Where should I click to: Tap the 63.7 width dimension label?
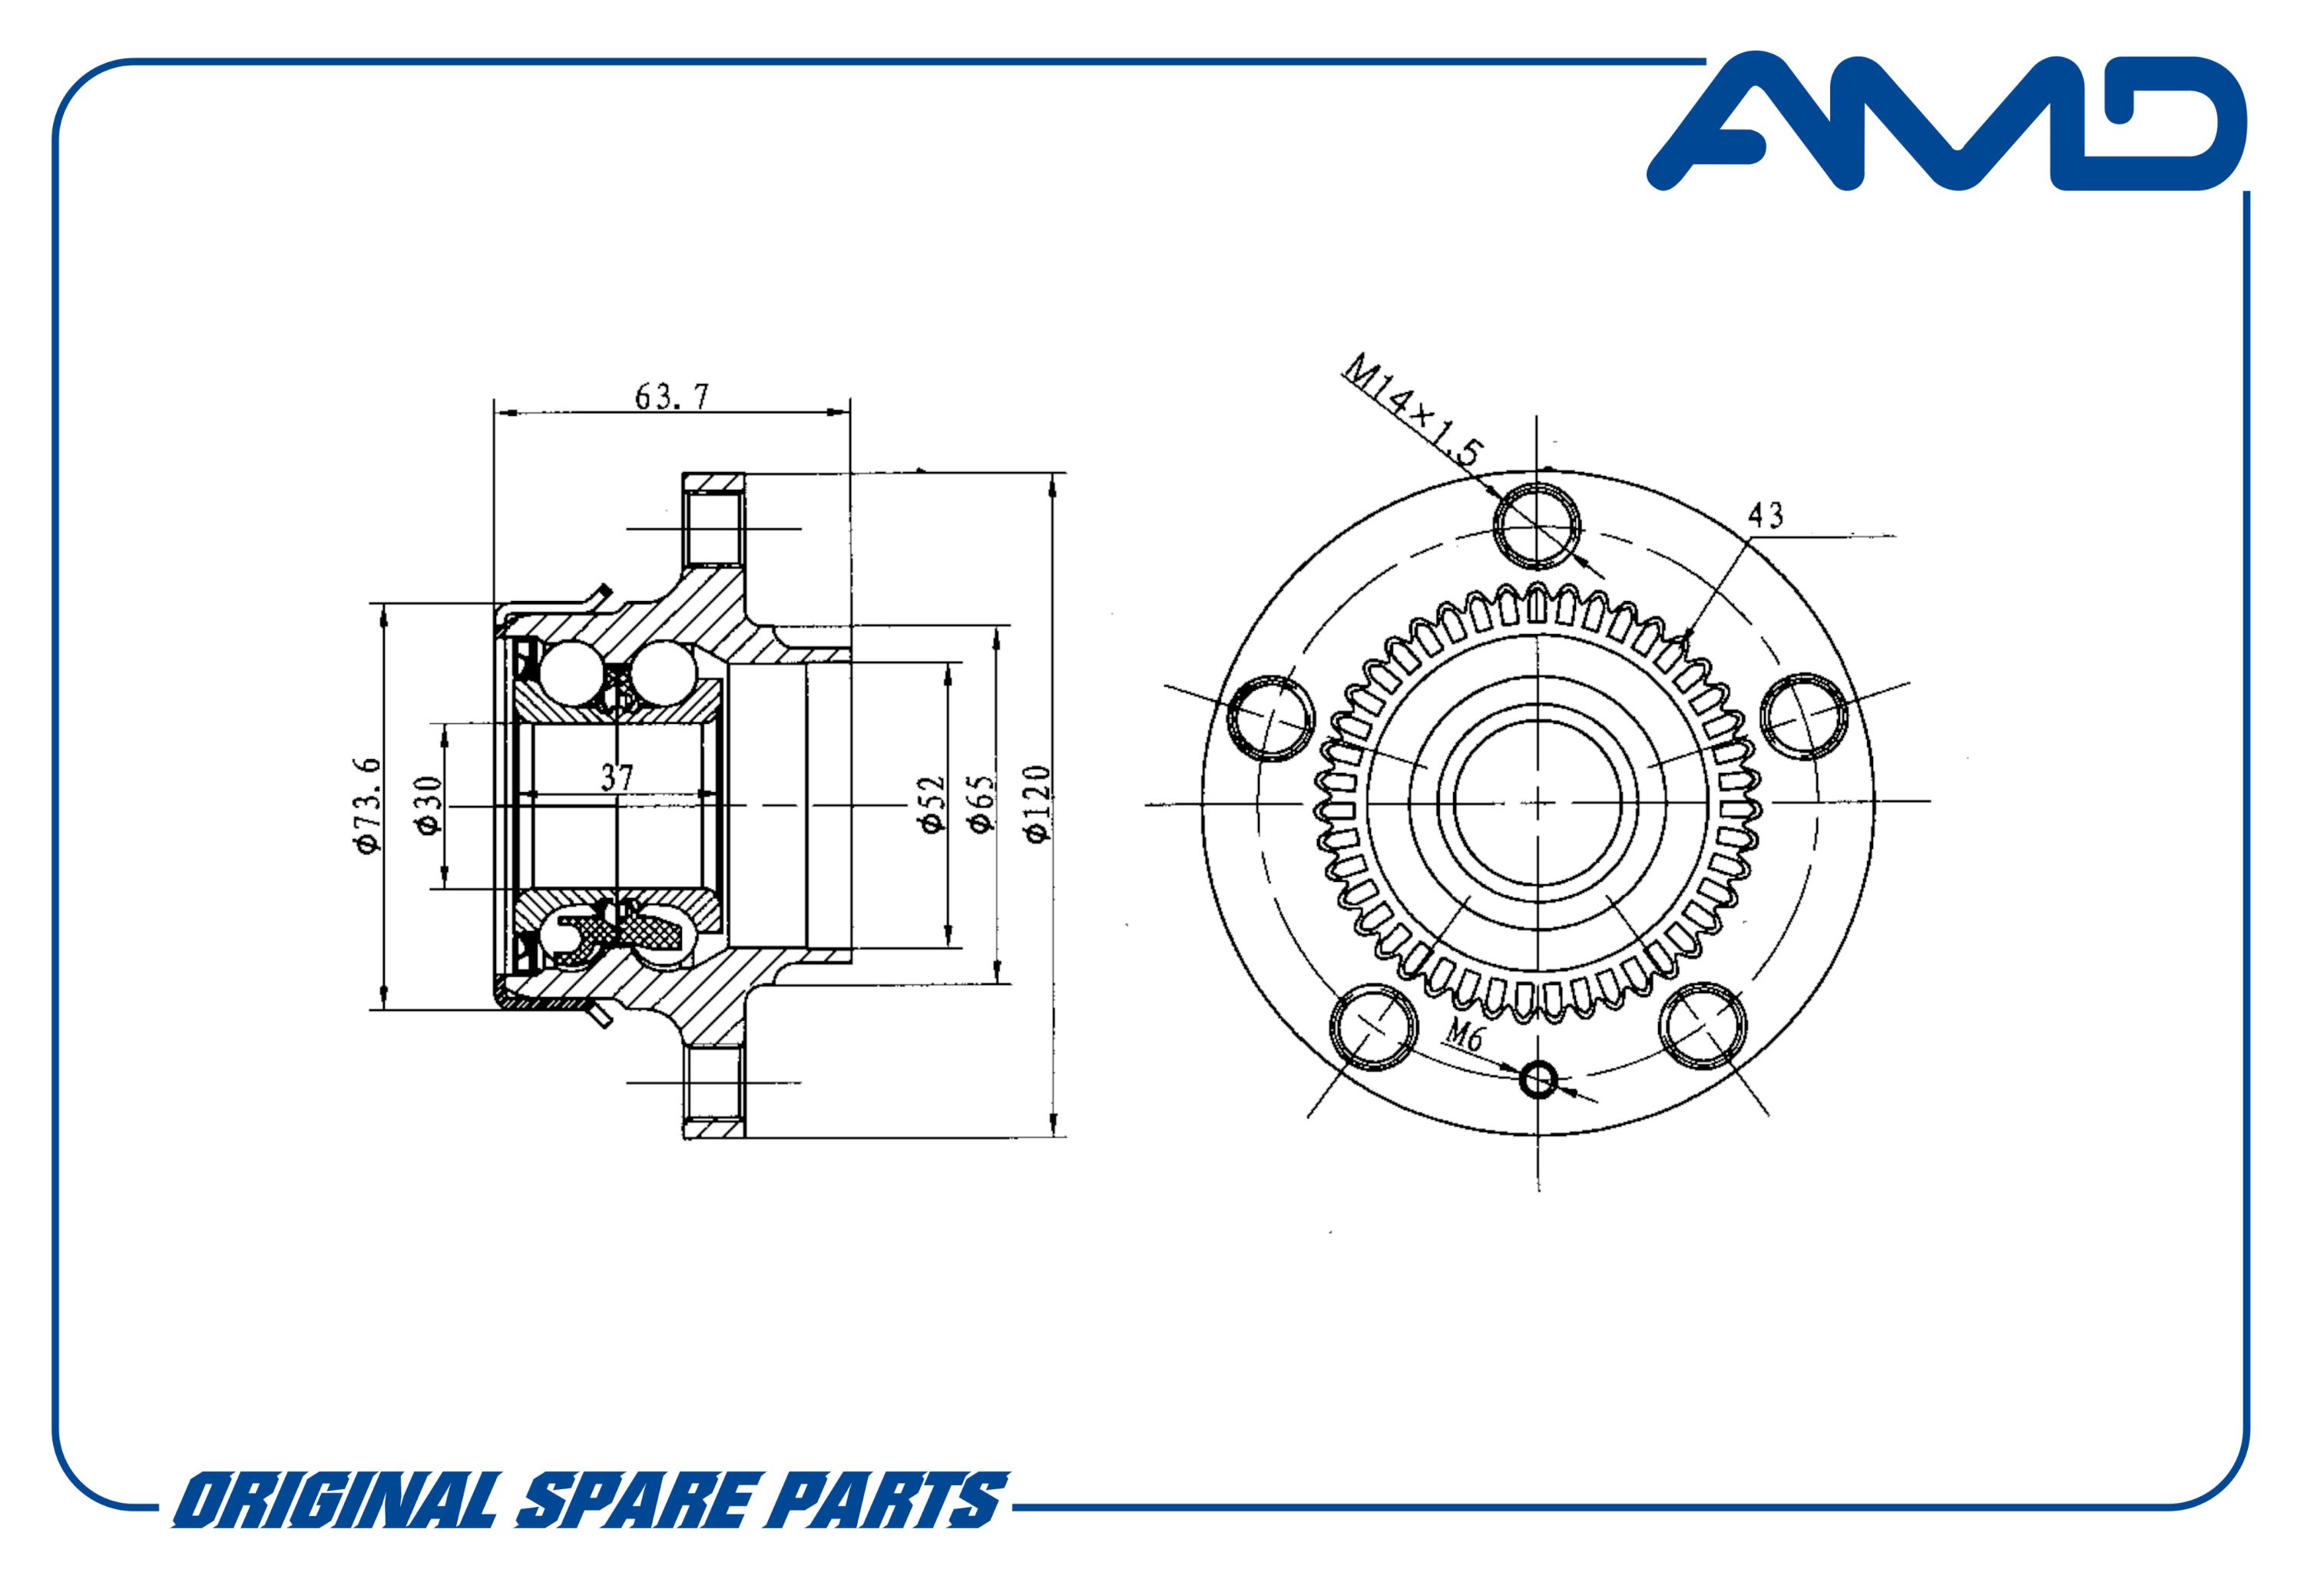[x=672, y=396]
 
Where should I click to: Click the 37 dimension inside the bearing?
[x=617, y=778]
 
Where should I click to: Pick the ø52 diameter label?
[x=934, y=804]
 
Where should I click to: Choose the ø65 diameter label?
[x=982, y=804]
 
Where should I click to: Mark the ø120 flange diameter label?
[x=1037, y=804]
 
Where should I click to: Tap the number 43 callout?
[x=1766, y=514]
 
